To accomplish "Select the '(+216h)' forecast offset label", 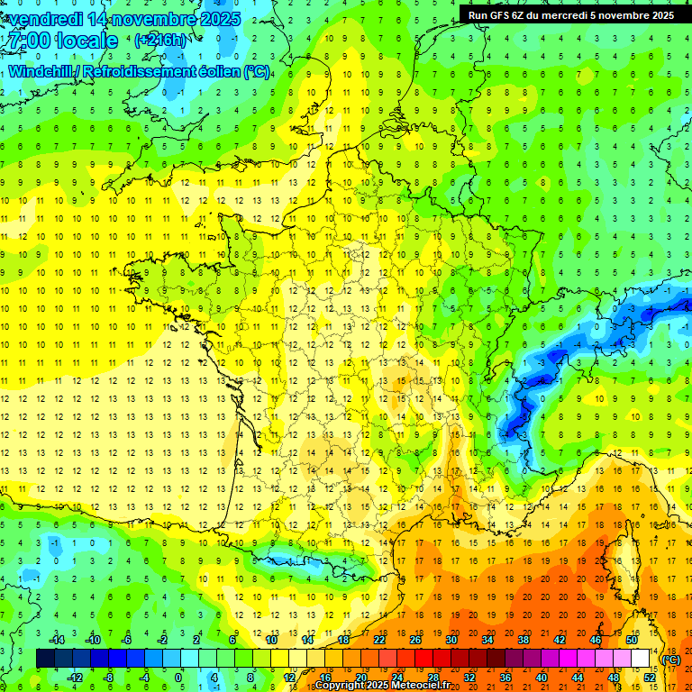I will (x=161, y=41).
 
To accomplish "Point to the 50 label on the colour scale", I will (x=632, y=640).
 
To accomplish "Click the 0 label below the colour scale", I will (x=178, y=677).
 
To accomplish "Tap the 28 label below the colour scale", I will (x=433, y=677).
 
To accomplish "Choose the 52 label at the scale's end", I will (x=650, y=677).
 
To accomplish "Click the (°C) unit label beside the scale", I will (x=670, y=660).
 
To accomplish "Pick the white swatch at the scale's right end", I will (x=641, y=659).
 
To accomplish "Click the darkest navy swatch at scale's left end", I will (x=45, y=659).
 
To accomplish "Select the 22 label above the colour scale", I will (x=379, y=640).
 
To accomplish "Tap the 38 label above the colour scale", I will (x=524, y=640).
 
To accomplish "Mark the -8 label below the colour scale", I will (x=108, y=677).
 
